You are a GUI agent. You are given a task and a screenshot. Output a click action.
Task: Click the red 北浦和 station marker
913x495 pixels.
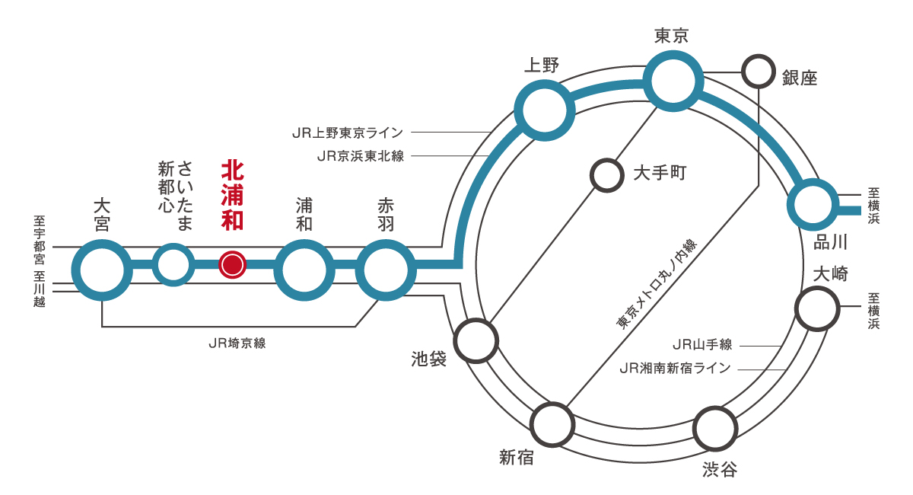pos(232,264)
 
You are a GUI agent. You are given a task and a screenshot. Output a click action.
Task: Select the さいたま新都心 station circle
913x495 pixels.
pos(173,265)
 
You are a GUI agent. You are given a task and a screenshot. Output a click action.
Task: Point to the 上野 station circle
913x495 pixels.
pos(544,110)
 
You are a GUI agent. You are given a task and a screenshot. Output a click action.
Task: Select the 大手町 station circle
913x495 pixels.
pos(607,174)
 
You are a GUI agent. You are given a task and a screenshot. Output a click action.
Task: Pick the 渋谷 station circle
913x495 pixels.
pos(717,430)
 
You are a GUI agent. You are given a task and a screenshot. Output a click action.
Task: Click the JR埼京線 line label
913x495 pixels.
pos(237,343)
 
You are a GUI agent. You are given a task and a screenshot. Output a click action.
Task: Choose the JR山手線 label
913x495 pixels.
pos(702,345)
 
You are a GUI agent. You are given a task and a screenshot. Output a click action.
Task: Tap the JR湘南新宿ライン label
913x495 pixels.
pos(676,369)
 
